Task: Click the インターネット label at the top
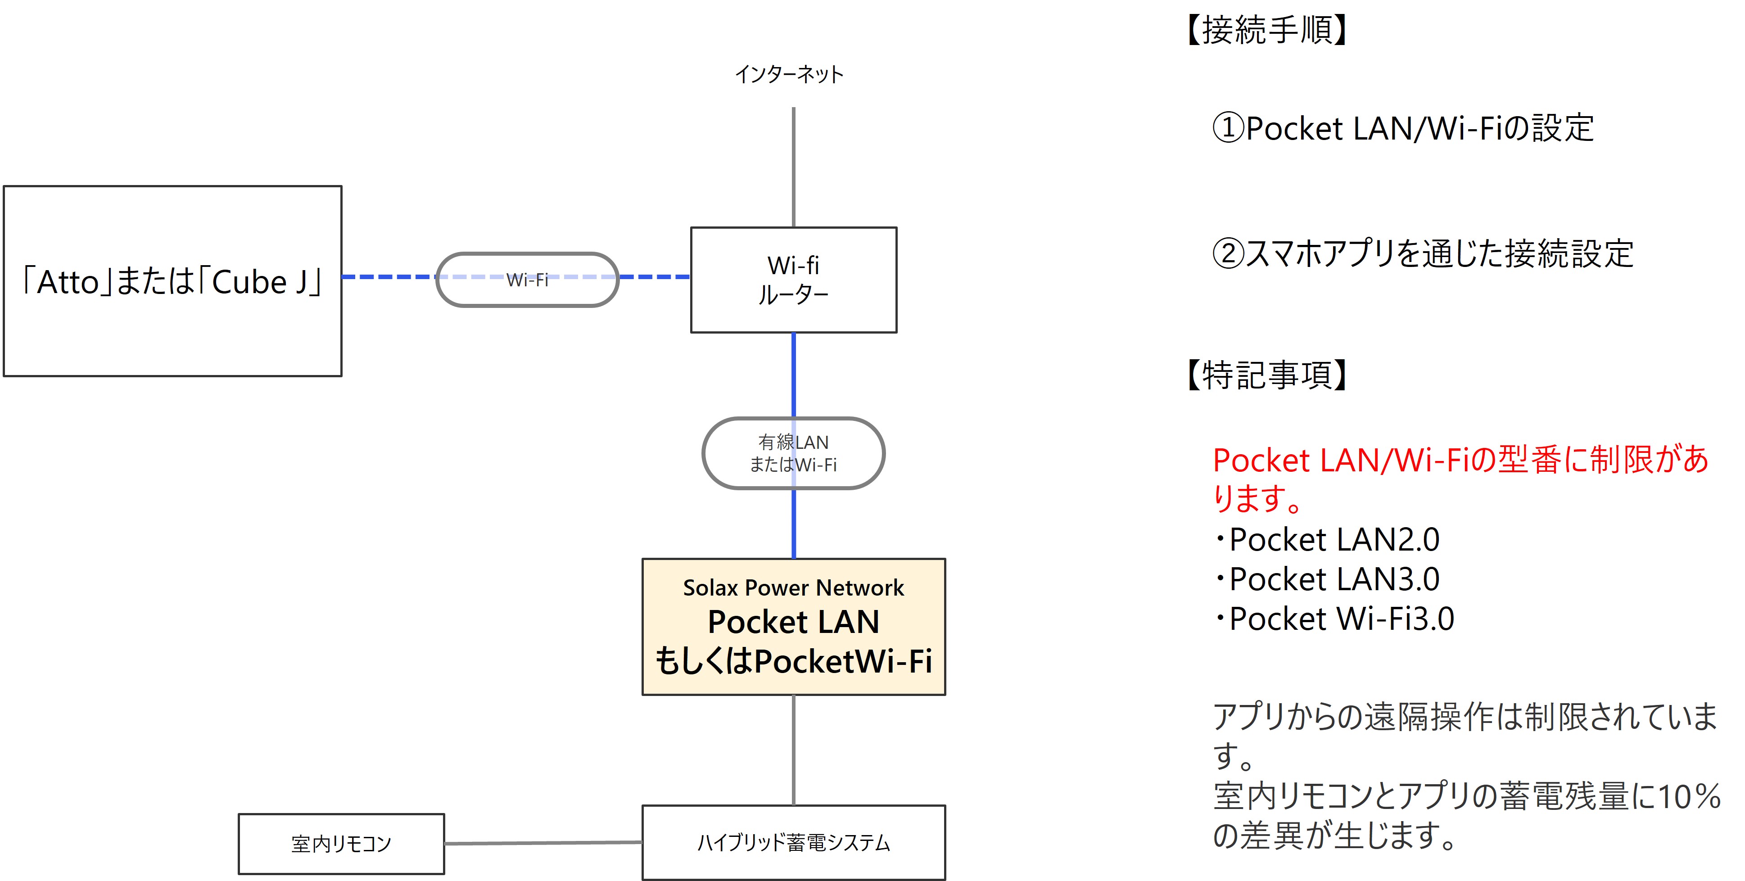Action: (x=789, y=74)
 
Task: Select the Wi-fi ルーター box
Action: (x=793, y=280)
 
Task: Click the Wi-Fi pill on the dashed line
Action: (x=527, y=280)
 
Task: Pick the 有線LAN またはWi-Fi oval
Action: (x=793, y=453)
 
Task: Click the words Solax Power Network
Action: (x=793, y=588)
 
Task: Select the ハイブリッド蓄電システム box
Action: (x=793, y=842)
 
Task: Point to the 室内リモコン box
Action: (x=341, y=844)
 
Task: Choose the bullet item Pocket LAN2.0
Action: (x=1333, y=540)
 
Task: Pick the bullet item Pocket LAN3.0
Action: (x=1333, y=579)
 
